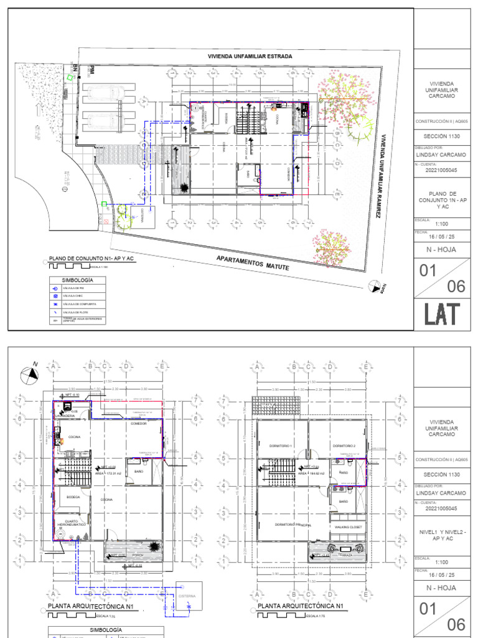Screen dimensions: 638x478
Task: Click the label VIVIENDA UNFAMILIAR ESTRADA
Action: (x=250, y=56)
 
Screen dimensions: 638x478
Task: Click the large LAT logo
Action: (x=443, y=315)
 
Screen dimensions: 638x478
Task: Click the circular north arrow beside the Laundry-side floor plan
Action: (x=29, y=374)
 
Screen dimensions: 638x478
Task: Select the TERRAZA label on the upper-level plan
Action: (x=346, y=554)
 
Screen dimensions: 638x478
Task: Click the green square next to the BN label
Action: (x=70, y=79)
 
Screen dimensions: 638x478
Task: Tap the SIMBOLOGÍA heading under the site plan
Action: (x=77, y=280)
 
